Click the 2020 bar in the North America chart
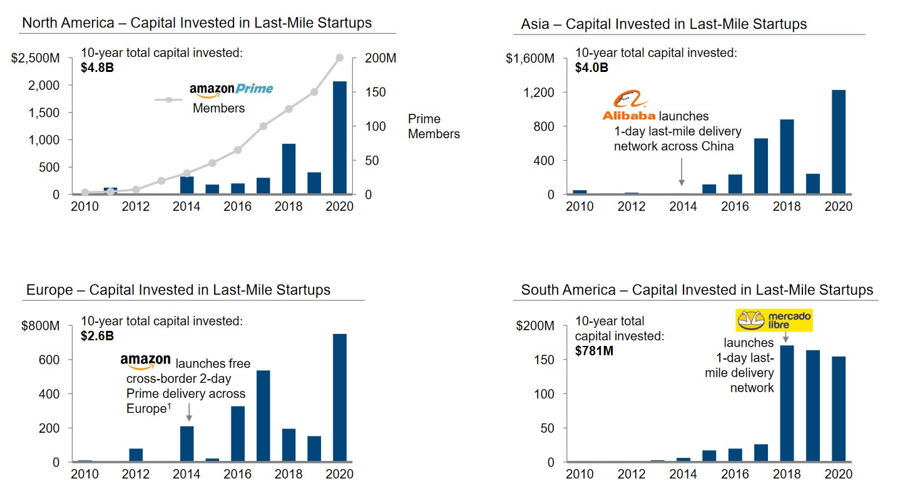click(x=340, y=138)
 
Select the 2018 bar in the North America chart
click(x=289, y=169)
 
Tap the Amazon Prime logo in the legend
click(x=232, y=89)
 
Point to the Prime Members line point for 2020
click(x=340, y=58)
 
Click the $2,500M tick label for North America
click(x=36, y=59)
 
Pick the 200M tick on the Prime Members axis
click(x=381, y=59)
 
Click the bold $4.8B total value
click(x=97, y=68)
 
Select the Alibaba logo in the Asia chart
click(x=628, y=106)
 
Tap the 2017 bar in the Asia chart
click(x=761, y=166)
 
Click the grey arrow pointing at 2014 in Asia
click(x=682, y=172)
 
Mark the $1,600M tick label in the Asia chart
click(x=530, y=59)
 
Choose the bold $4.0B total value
click(x=591, y=68)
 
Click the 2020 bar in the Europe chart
click(x=340, y=398)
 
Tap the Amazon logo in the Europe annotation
click(x=145, y=362)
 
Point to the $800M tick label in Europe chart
click(x=42, y=326)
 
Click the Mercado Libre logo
click(x=774, y=320)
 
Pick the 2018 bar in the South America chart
click(x=787, y=403)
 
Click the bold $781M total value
click(x=594, y=351)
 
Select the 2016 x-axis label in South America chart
click(x=735, y=475)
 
